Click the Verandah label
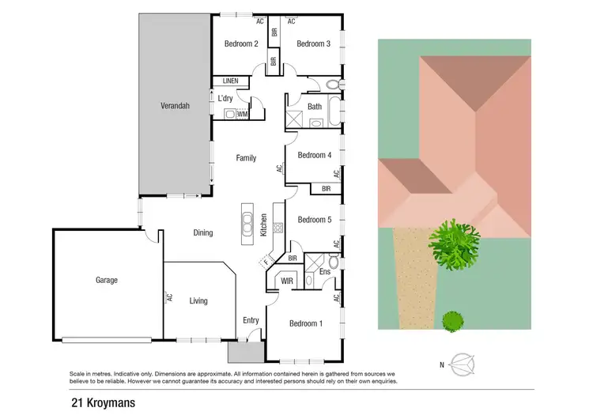[176, 105]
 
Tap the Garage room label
[107, 280]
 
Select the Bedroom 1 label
[305, 323]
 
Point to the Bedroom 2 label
[242, 43]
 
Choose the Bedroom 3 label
[313, 43]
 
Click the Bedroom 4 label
[314, 155]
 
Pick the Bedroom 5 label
[314, 220]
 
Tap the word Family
[246, 158]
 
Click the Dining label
[203, 232]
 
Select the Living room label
[198, 300]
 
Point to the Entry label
[251, 320]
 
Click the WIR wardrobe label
[287, 281]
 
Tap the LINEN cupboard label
[230, 81]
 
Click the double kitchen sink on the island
[247, 222]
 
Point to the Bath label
[314, 106]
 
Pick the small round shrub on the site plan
[452, 321]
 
